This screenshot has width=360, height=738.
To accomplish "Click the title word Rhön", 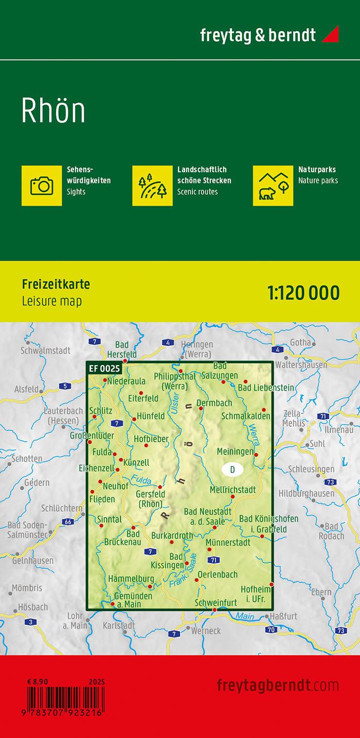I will coord(53,110).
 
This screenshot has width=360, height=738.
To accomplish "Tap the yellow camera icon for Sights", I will coord(42,185).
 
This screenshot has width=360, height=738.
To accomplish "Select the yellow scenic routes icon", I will coord(152,185).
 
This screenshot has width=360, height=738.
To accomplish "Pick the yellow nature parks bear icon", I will coord(273,185).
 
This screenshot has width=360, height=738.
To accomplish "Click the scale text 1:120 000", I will coord(303,293).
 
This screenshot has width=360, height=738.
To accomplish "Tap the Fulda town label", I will coord(102,452).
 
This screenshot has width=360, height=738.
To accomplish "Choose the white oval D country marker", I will coord(232,469).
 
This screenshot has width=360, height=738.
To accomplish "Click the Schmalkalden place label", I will coord(245,416).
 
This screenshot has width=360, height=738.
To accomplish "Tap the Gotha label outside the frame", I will coord(300,342).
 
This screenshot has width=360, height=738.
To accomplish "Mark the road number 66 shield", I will coord(67,522).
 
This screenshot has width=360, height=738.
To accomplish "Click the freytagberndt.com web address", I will coord(278,686).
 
